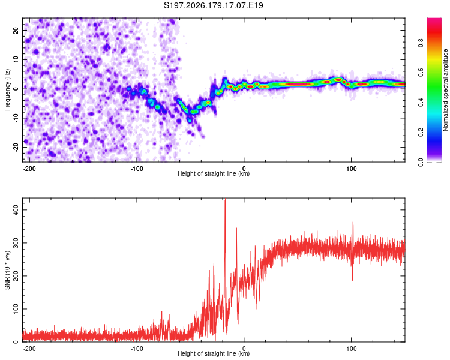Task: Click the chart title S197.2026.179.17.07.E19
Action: coord(213,5)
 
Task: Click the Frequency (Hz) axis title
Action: coord(7,90)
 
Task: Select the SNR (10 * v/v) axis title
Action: coord(7,270)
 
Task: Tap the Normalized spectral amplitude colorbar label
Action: coord(445,90)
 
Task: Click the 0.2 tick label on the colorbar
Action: coord(421,132)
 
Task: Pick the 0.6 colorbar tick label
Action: coord(421,73)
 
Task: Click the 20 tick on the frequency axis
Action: coord(16,30)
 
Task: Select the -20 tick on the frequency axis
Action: coord(16,147)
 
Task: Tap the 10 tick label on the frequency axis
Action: coord(16,59)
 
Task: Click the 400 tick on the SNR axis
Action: coord(16,210)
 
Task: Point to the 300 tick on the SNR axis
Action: coord(16,243)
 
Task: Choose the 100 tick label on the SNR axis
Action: coord(16,309)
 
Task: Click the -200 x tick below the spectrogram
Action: coord(29,169)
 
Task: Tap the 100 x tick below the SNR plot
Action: coord(351,349)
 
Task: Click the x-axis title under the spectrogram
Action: coord(214,173)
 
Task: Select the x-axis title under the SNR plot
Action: coord(214,353)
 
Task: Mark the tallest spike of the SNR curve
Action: coord(225,199)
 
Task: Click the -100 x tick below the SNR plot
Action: coord(137,349)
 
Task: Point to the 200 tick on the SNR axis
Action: coord(16,276)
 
